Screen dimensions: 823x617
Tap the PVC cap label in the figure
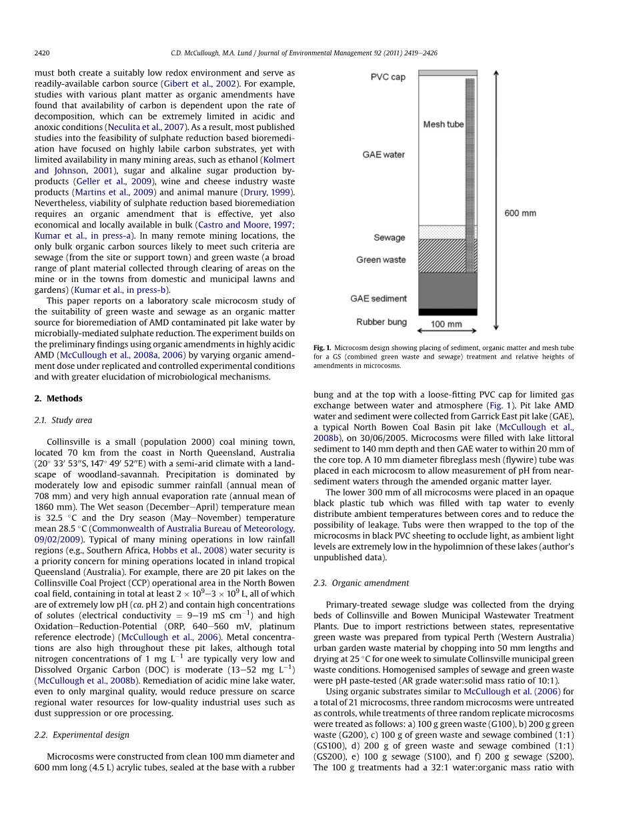click(x=388, y=77)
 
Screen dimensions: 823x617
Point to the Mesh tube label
click(x=443, y=125)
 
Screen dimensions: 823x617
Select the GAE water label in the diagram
click(x=383, y=155)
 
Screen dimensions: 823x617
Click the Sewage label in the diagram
click(x=389, y=237)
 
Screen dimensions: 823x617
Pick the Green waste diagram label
click(x=380, y=259)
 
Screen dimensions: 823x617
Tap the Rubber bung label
click(x=381, y=322)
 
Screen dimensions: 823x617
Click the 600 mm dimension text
click(x=520, y=213)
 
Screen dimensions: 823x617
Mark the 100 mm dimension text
click(x=446, y=325)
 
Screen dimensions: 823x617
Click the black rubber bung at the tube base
click(x=447, y=311)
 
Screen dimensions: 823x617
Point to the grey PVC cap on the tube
click(x=447, y=73)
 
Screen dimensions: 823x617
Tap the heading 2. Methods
click(x=59, y=399)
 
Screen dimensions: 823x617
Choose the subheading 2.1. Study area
click(x=63, y=420)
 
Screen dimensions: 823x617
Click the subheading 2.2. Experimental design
click(x=81, y=735)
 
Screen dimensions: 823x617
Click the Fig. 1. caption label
click(x=322, y=348)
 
